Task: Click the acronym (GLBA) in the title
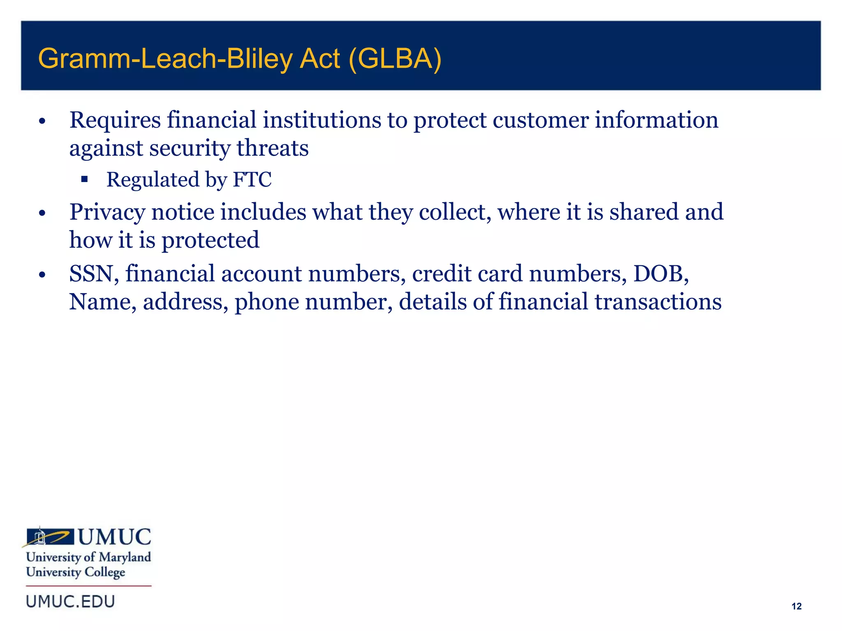(395, 59)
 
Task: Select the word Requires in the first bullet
(115, 120)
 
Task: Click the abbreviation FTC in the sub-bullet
(252, 180)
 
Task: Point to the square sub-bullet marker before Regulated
(85, 179)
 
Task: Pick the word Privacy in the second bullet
(107, 212)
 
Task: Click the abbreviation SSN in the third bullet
(91, 274)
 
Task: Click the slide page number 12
(796, 606)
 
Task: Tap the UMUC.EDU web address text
(70, 602)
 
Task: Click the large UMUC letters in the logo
(114, 537)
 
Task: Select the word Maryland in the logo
(125, 557)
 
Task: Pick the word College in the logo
(105, 573)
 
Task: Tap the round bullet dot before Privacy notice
(42, 213)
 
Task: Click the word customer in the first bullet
(541, 120)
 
